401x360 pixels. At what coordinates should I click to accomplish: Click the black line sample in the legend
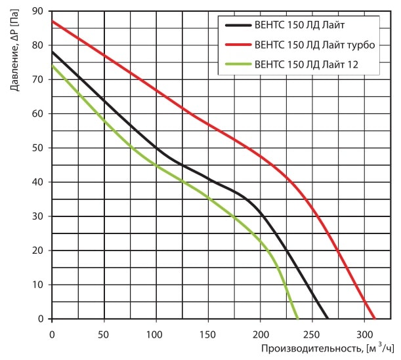click(237, 26)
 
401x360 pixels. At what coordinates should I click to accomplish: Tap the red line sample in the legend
click(237, 45)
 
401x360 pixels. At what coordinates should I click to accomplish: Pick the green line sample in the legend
click(237, 64)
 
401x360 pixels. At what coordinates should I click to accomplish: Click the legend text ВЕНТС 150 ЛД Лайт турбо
click(308, 45)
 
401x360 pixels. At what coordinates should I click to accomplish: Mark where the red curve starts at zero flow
click(52, 21)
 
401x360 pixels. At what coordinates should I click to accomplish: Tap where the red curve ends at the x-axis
click(375, 319)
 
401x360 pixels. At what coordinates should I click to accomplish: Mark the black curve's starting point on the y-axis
click(52, 52)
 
